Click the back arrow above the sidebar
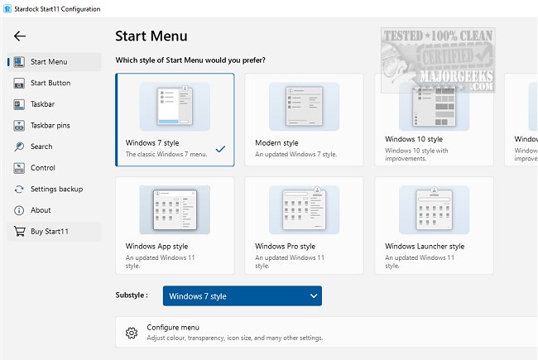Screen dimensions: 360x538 [20, 36]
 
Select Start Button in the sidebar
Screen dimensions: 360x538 [50, 84]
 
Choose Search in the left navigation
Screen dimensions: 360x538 [41, 146]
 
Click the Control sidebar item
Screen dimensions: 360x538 [43, 168]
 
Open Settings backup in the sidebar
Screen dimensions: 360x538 [56, 190]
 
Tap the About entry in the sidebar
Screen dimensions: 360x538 [41, 210]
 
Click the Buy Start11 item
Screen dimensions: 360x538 [50, 232]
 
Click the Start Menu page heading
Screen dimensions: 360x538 [151, 36]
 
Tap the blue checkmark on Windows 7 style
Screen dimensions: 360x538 [220, 149]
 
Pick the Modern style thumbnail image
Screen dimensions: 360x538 [304, 106]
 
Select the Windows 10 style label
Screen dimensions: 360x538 [414, 140]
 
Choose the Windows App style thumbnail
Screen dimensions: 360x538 [175, 209]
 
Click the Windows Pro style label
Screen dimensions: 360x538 [285, 246]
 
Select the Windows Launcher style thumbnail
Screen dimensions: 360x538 [434, 209]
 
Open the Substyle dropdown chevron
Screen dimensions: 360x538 [313, 296]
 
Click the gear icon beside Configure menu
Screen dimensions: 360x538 [131, 333]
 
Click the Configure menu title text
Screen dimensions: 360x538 [173, 328]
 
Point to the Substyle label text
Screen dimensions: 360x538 [132, 295]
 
